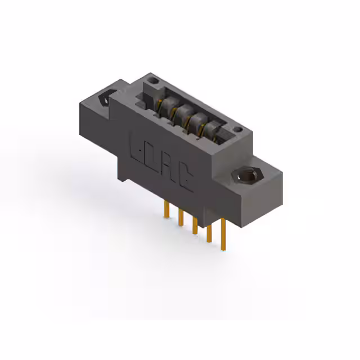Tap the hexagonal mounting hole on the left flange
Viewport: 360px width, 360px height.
click(106, 98)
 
